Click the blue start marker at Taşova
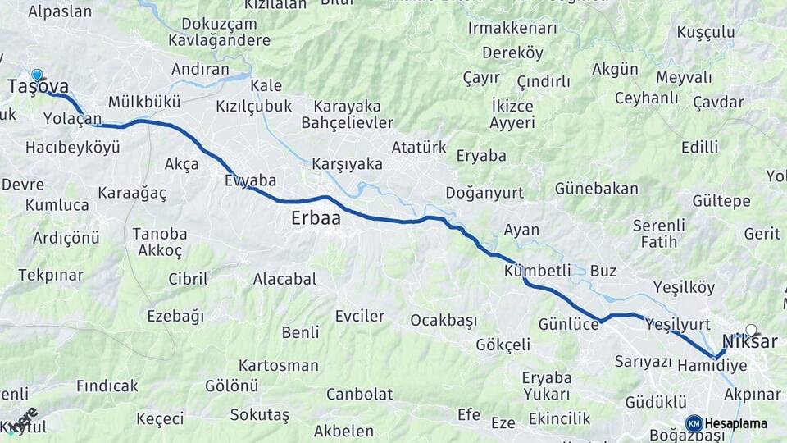(36, 75)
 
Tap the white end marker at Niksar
(751, 330)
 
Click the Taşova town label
(38, 87)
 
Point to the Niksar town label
(749, 342)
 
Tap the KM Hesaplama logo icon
(694, 423)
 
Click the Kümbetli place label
(538, 271)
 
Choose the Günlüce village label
(569, 324)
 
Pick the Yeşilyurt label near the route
(678, 324)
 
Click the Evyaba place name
(250, 180)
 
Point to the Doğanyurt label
(484, 193)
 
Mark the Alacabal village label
(284, 279)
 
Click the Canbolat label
(360, 394)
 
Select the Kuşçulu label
(706, 32)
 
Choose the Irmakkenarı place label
(512, 29)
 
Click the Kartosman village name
(279, 365)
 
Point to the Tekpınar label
(52, 275)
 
